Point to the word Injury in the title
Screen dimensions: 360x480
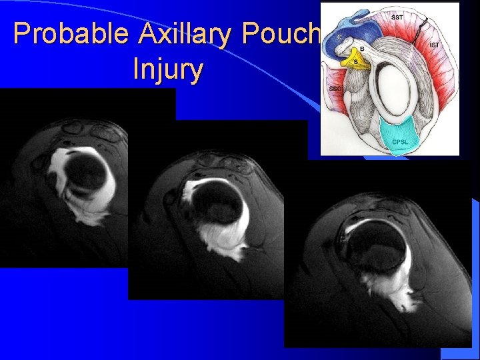pos(168,69)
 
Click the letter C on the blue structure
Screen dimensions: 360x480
pos(339,37)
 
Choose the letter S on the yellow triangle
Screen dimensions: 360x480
pos(355,62)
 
